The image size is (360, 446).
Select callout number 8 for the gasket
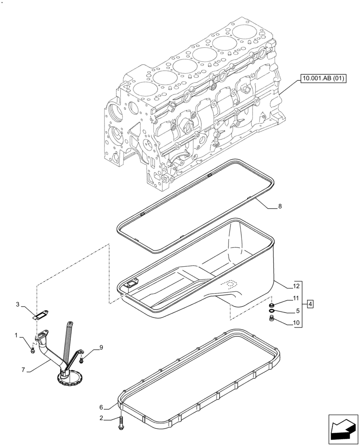(x=279, y=206)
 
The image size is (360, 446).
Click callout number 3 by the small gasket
(x=18, y=305)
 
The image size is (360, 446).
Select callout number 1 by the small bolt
(x=16, y=334)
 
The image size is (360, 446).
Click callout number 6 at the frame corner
(x=101, y=407)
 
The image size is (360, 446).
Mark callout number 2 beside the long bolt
(x=102, y=418)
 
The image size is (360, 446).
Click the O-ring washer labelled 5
(x=271, y=310)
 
